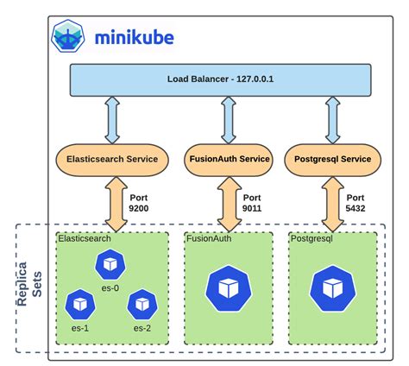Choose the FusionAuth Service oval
pos(229,159)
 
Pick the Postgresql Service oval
pos(332,159)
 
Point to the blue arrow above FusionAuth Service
pos(229,120)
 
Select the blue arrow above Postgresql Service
pos(332,120)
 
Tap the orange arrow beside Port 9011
pos(229,200)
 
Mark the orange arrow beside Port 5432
pos(332,200)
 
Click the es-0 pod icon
pos(110,263)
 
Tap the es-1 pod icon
pos(79,302)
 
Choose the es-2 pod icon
pos(141,303)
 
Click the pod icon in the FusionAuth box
pos(228,288)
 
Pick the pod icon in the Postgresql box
pos(332,288)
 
